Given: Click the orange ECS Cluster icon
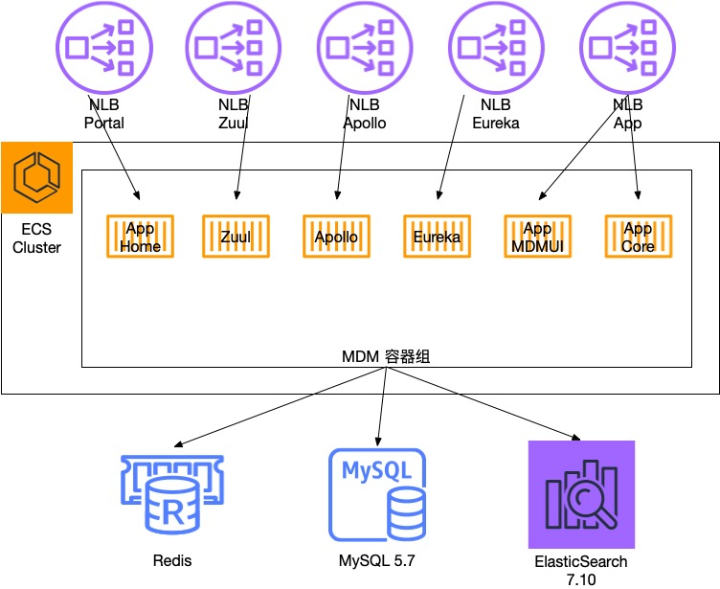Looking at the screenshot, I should [37, 177].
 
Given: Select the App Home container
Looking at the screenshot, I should [141, 237].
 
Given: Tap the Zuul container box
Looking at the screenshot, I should [235, 237].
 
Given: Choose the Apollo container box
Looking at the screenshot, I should [336, 237].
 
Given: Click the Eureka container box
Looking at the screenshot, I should [437, 237].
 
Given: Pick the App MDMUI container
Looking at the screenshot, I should [537, 237].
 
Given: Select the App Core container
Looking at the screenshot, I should [638, 237].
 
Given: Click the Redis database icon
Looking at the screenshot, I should [171, 494].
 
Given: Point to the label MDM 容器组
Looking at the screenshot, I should [385, 356].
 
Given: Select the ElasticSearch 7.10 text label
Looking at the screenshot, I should [581, 570].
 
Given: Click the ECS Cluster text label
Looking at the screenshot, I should [36, 238].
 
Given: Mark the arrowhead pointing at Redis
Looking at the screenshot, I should [178, 446].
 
